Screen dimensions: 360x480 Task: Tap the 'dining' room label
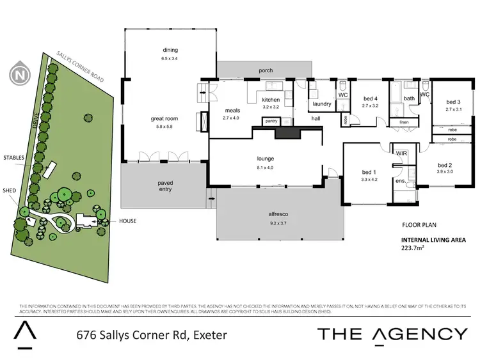tap(170, 50)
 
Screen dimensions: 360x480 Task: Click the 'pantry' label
tap(271, 120)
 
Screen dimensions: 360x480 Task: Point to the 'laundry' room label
tap(321, 104)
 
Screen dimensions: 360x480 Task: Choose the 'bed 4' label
tap(371, 98)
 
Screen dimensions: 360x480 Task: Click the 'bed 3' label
tap(453, 102)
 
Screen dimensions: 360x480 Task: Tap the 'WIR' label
tap(402, 153)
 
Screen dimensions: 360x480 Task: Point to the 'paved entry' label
tap(165, 186)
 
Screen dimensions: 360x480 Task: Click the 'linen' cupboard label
tap(403, 121)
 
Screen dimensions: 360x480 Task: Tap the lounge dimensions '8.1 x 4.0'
tap(265, 168)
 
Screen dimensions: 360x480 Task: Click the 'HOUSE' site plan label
tap(127, 221)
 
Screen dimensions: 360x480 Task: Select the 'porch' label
tap(266, 70)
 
